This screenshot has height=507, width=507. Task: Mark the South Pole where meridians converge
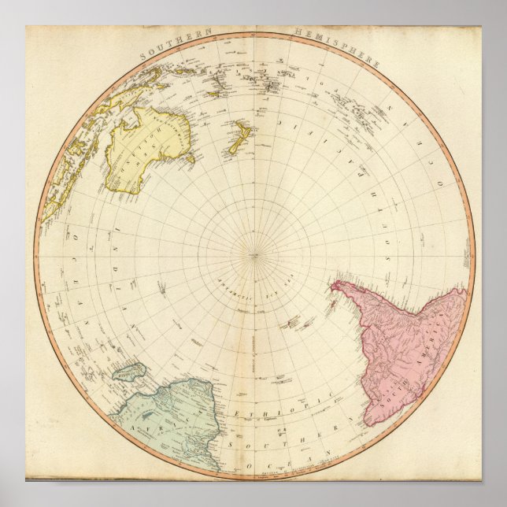coord(253,253)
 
